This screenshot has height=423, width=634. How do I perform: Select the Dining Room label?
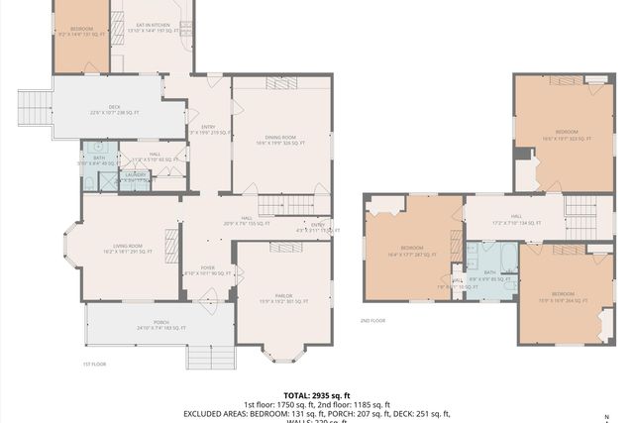281,141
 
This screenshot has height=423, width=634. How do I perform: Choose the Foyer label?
208,269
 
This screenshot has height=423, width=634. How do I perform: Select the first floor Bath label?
99,160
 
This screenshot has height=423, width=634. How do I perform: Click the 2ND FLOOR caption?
372,321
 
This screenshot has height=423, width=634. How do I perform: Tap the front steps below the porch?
209,354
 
